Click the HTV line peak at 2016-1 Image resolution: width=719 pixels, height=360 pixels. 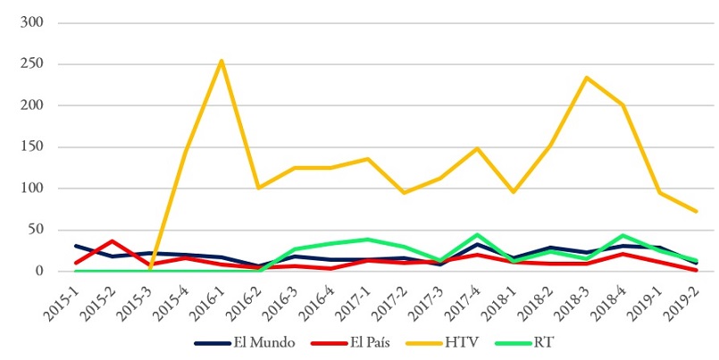coord(221,61)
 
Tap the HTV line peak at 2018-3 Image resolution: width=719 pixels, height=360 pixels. coord(585,78)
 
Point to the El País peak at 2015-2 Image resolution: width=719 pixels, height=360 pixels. coord(112,241)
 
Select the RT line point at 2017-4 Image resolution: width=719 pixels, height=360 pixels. coord(476,235)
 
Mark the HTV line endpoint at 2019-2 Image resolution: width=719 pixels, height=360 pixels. coord(695,212)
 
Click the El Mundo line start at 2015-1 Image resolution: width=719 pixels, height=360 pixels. coord(76,246)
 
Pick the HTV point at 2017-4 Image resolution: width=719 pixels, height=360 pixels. coord(476,148)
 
